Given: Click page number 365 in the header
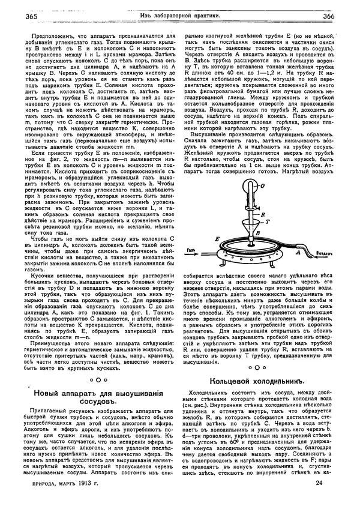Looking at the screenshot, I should (x=28, y=16).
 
